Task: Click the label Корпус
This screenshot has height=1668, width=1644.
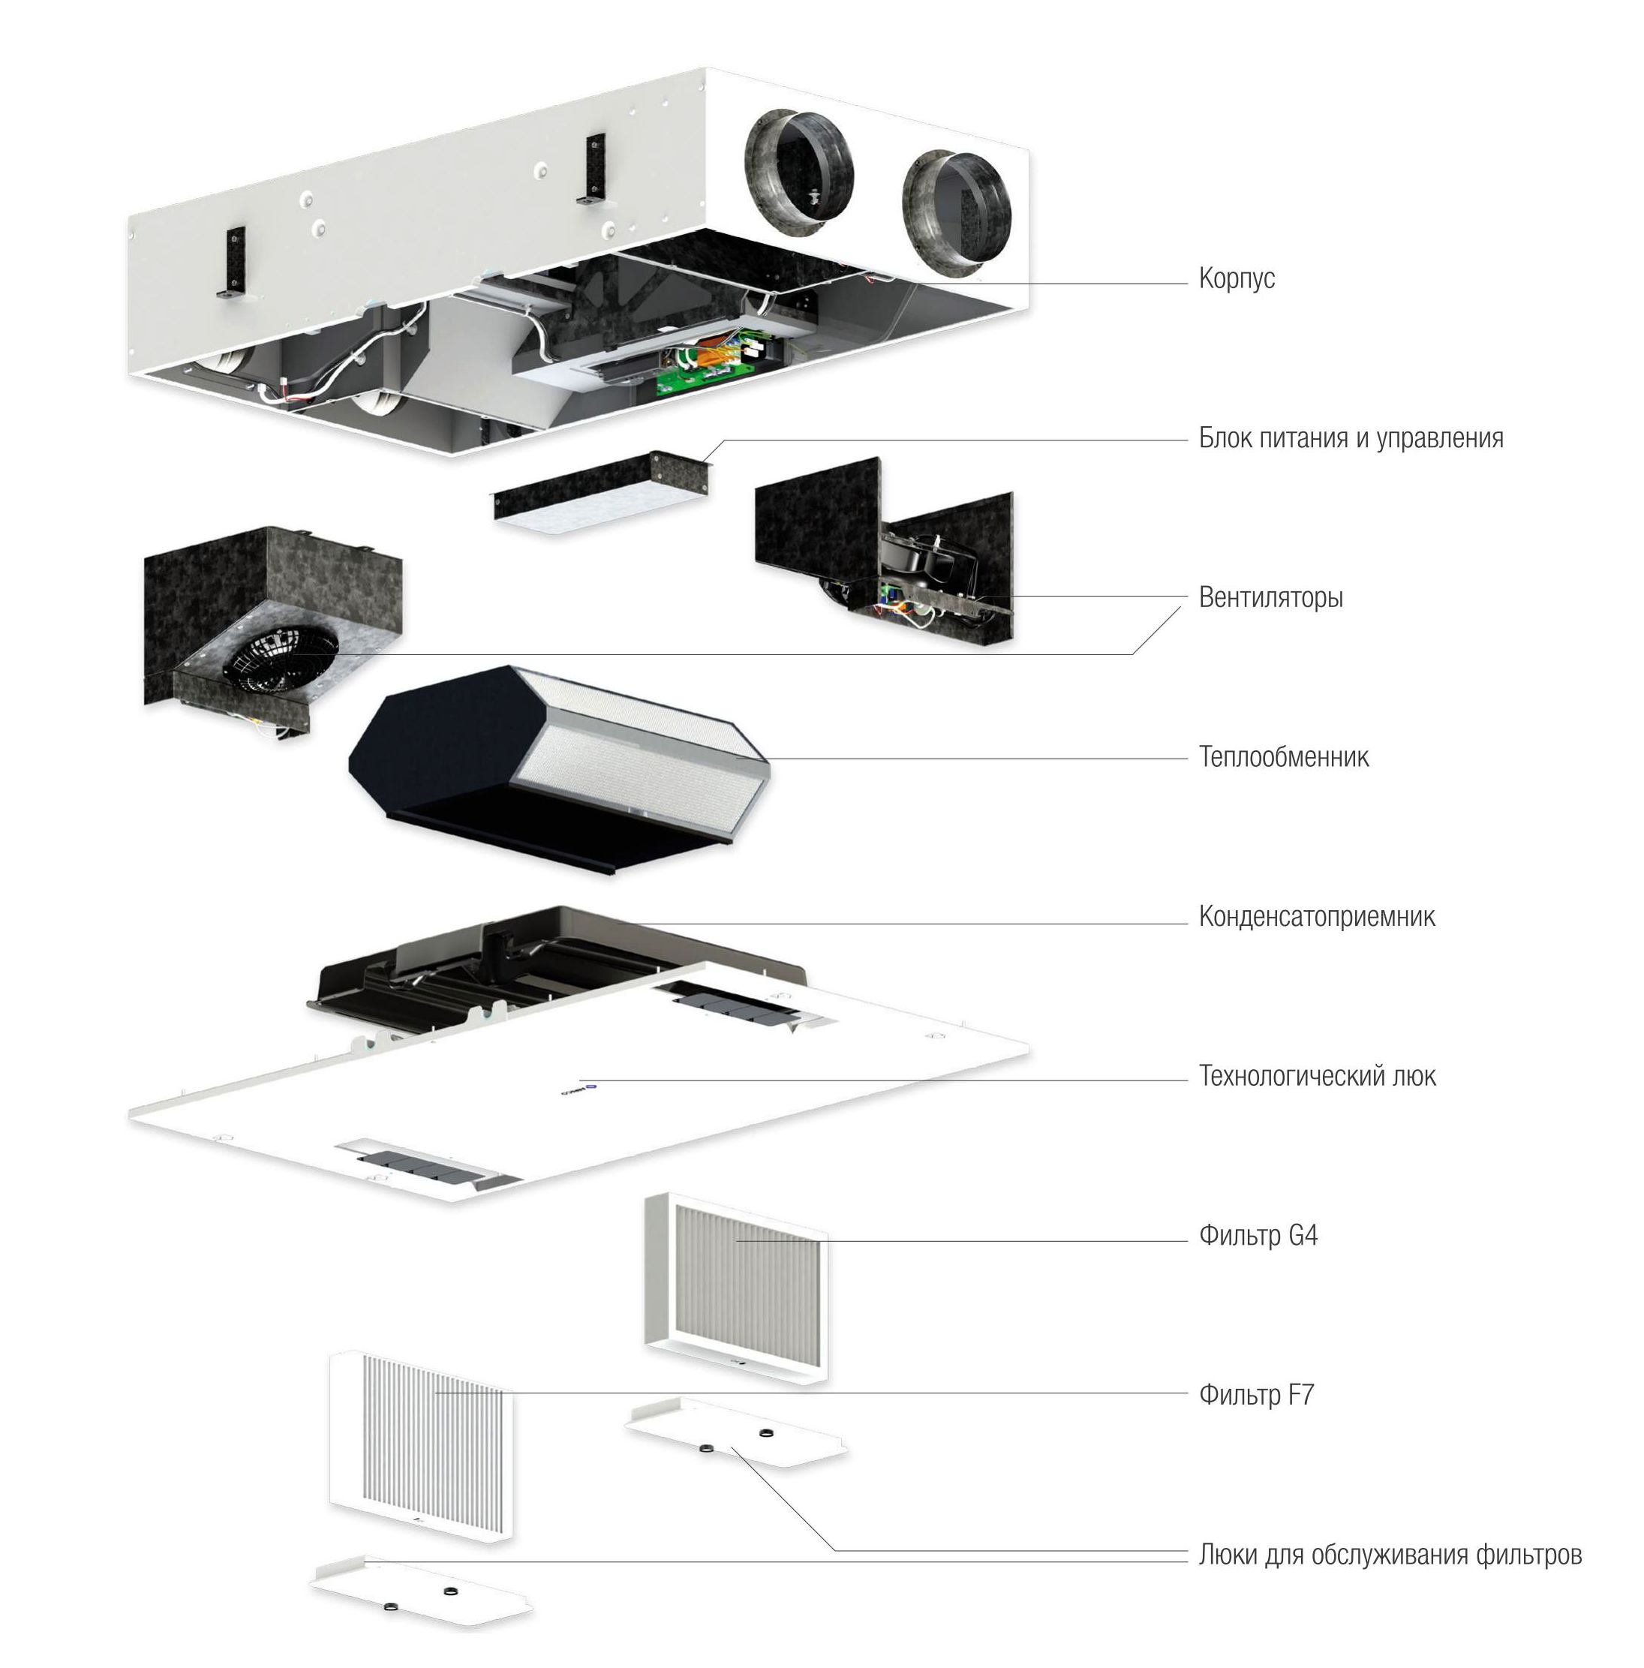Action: pyautogui.click(x=1236, y=279)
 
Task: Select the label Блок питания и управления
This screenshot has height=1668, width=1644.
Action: pyautogui.click(x=1351, y=439)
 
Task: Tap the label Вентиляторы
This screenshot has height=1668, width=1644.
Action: pyautogui.click(x=1270, y=597)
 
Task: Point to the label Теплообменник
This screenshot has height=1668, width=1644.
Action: pyautogui.click(x=1283, y=757)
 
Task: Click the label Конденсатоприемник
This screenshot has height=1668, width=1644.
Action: pyautogui.click(x=1316, y=916)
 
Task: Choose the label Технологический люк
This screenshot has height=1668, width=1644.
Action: pyautogui.click(x=1317, y=1076)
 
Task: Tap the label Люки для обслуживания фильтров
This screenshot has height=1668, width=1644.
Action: pyautogui.click(x=1390, y=1555)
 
